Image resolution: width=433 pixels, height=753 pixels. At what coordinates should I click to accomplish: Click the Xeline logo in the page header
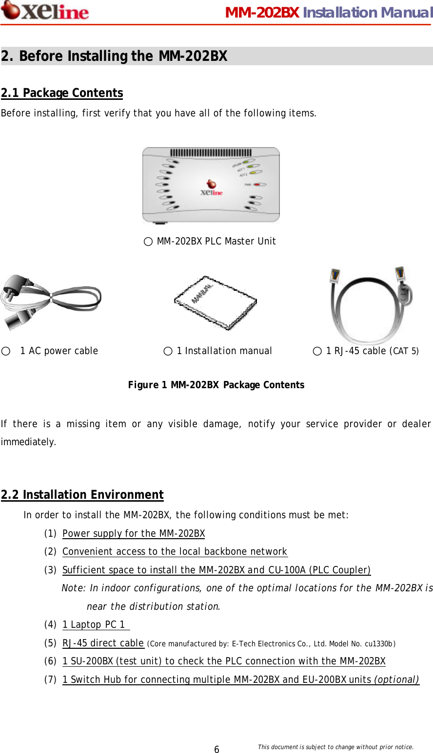point(45,11)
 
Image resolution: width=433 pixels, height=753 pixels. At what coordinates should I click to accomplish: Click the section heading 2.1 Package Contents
point(62,93)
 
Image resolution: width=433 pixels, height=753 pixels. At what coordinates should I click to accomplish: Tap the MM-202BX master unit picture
point(211,185)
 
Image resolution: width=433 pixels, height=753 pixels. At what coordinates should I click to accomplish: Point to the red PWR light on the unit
point(256,185)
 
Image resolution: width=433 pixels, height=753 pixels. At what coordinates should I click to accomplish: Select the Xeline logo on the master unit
point(212,188)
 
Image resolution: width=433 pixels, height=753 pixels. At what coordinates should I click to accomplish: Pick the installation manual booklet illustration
point(215,302)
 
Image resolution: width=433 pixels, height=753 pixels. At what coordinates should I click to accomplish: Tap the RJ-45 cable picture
point(371,304)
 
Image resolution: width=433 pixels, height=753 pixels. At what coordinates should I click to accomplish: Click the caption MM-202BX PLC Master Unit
point(216,242)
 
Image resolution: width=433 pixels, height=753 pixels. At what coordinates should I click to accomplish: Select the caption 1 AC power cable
point(59,351)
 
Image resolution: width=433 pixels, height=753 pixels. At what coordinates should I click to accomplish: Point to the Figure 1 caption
point(216,385)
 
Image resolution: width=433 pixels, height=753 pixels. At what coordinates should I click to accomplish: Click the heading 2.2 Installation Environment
point(82,495)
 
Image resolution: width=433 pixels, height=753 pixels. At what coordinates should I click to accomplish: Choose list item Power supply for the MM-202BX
point(134,534)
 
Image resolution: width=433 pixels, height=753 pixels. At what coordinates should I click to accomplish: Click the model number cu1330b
point(379,644)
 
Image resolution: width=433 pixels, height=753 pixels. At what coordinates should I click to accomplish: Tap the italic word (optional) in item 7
point(396,680)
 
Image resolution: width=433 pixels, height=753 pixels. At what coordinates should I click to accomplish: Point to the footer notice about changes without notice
point(335,747)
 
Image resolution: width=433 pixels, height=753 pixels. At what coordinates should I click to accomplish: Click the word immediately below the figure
point(28,442)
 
